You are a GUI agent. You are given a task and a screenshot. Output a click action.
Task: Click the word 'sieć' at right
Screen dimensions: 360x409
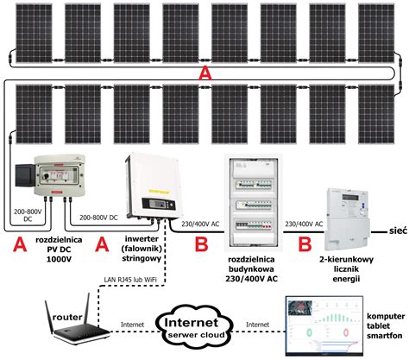(398, 231)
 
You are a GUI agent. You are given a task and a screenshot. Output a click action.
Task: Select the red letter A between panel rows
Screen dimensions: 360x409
(204, 75)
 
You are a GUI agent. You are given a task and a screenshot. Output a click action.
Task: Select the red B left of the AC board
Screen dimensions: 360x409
(201, 247)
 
